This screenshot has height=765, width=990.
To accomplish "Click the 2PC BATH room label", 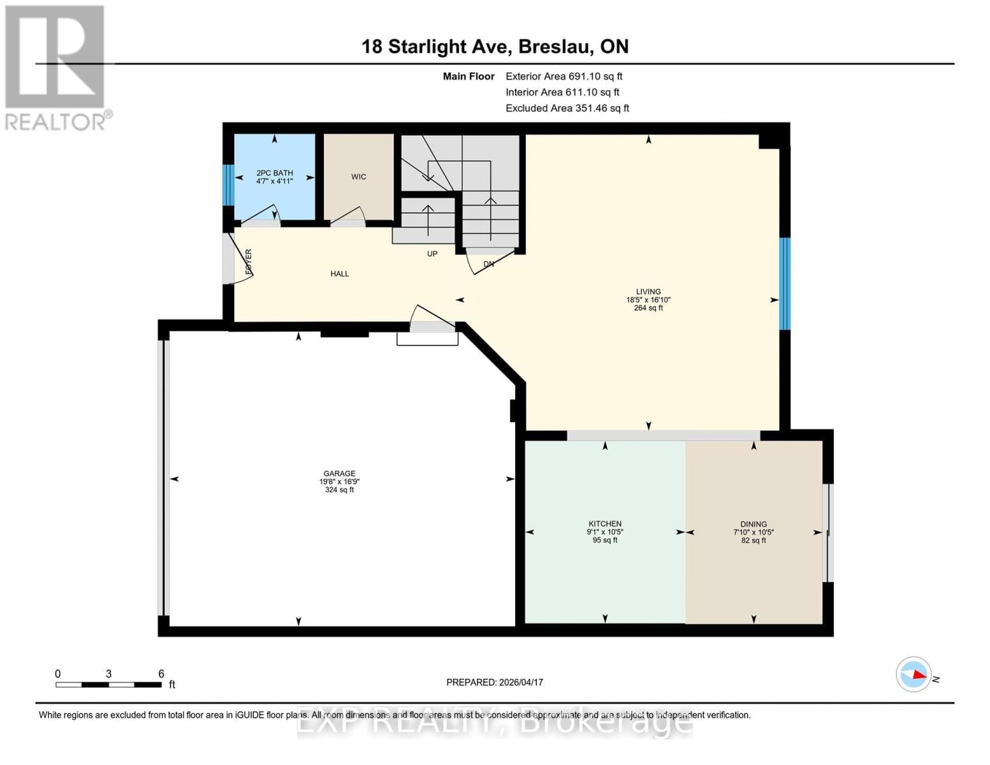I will click(x=274, y=173).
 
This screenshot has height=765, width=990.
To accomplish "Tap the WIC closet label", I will click(x=358, y=177).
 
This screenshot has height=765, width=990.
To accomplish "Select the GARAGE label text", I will click(x=339, y=474).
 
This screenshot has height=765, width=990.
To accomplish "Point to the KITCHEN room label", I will click(x=604, y=524).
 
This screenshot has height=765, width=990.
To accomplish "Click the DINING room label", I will click(x=753, y=524).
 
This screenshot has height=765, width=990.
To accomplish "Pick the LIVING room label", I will click(x=648, y=291).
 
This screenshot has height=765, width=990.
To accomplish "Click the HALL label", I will click(x=339, y=273).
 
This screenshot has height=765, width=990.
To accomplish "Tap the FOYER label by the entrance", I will click(x=249, y=262).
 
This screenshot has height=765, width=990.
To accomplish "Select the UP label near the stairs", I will click(x=432, y=254).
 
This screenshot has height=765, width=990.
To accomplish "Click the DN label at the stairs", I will click(x=488, y=264).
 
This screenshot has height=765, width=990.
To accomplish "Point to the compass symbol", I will click(x=914, y=674).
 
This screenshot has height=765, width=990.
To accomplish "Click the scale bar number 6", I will click(x=161, y=674).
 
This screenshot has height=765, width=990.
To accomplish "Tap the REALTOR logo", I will click(x=56, y=68).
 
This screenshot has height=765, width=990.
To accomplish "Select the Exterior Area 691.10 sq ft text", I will click(x=564, y=76).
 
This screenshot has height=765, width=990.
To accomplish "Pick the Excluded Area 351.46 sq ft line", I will click(x=567, y=108).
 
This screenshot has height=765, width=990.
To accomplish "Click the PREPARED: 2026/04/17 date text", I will click(x=495, y=682).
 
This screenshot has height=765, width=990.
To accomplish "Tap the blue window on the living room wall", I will click(x=785, y=284).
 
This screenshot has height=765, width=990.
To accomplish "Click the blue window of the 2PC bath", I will click(x=228, y=185).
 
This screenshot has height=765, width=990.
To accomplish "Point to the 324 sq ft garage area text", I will click(x=339, y=490).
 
